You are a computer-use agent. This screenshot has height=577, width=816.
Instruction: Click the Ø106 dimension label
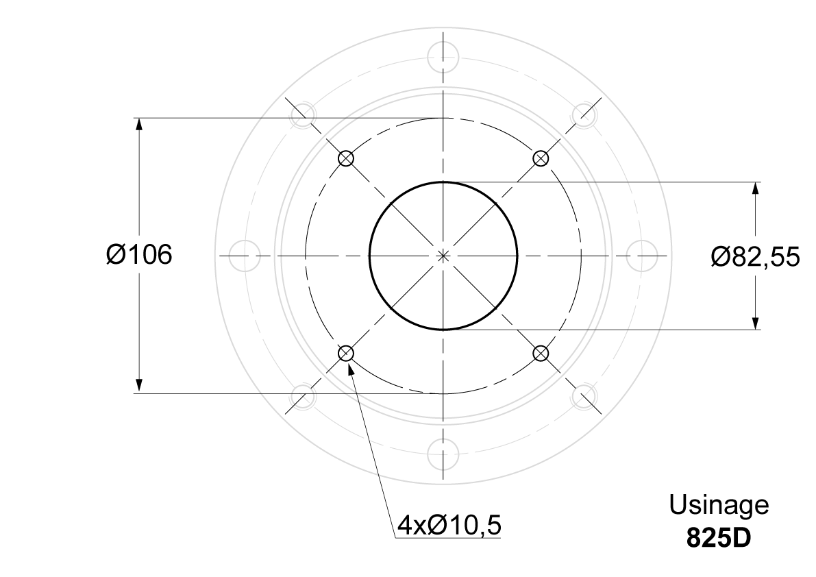(139, 255)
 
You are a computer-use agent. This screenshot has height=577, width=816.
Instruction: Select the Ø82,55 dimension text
(755, 256)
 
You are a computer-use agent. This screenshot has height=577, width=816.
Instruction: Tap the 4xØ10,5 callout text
(449, 525)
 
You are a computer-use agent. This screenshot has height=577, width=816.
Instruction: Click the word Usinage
(719, 505)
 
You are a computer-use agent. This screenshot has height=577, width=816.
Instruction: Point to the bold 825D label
(719, 538)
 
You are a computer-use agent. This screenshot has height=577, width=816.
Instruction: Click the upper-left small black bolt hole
(345, 158)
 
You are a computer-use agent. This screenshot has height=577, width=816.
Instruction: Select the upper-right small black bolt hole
(541, 158)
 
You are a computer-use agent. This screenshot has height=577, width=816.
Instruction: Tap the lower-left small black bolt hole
(345, 354)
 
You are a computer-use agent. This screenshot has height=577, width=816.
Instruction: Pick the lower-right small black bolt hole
(541, 354)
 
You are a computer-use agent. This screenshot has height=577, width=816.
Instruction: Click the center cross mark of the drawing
(443, 256)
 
